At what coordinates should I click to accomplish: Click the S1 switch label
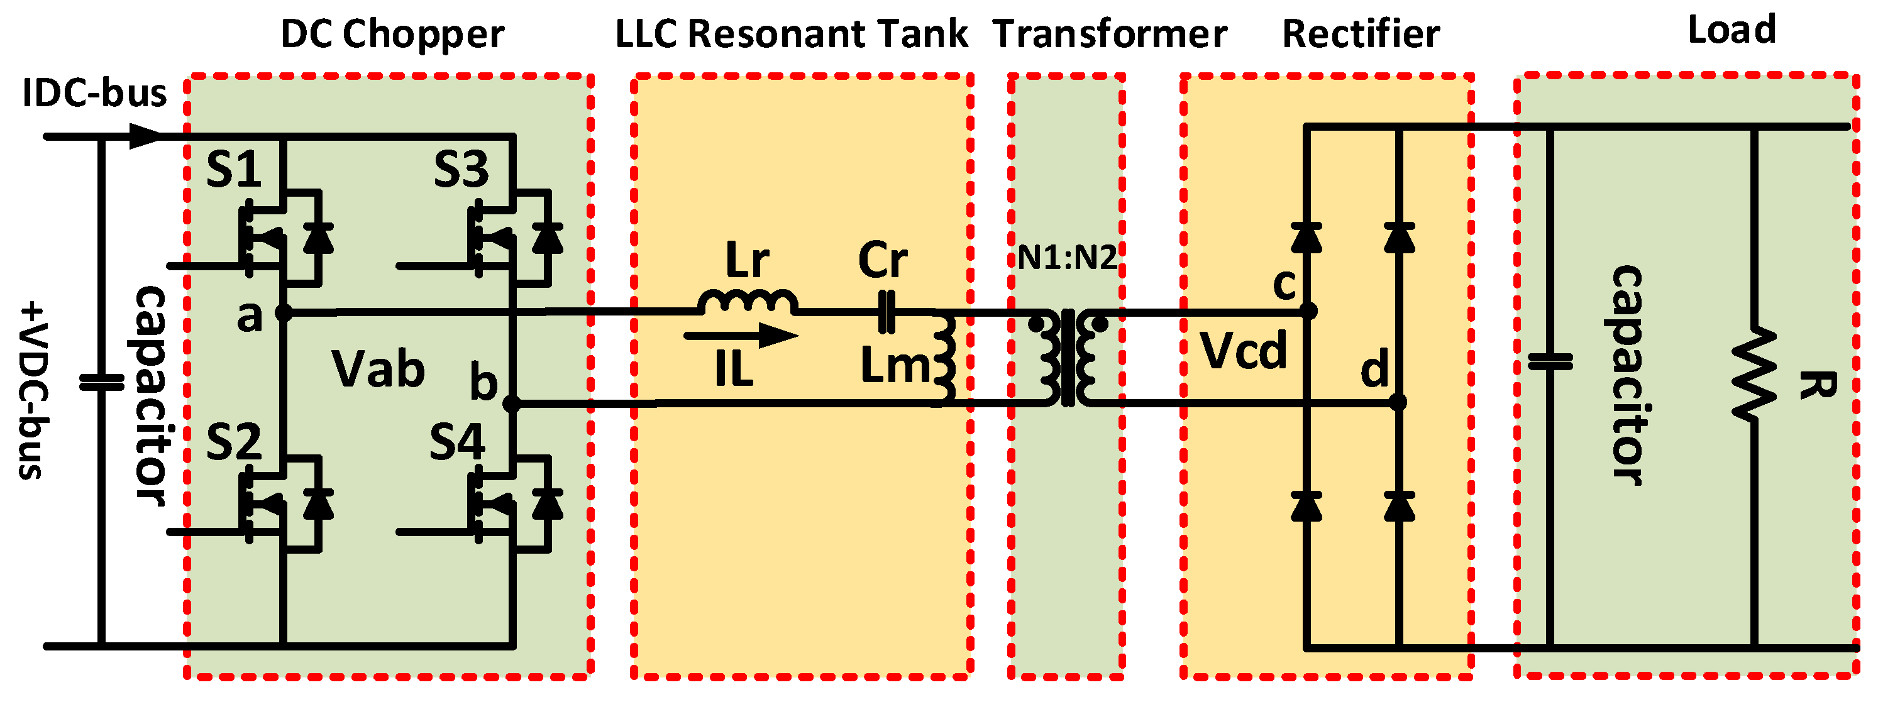[233, 169]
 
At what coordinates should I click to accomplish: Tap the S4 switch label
[457, 442]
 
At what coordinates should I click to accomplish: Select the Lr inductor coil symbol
[748, 302]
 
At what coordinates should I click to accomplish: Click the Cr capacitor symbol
[887, 312]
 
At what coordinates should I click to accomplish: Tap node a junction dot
[284, 313]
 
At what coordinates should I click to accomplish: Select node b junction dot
[512, 403]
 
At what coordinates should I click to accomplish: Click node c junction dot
[1308, 311]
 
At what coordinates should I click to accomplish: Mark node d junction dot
[1398, 402]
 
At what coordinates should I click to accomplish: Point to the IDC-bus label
[95, 93]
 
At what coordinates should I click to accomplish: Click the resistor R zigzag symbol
[1754, 373]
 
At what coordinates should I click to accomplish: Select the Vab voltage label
[378, 368]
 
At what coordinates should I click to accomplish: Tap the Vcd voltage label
[1244, 351]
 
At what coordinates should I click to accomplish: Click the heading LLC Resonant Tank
[792, 33]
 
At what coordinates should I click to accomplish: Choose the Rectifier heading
[1361, 33]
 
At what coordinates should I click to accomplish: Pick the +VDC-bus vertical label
[31, 391]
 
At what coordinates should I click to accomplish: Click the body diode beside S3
[548, 237]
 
